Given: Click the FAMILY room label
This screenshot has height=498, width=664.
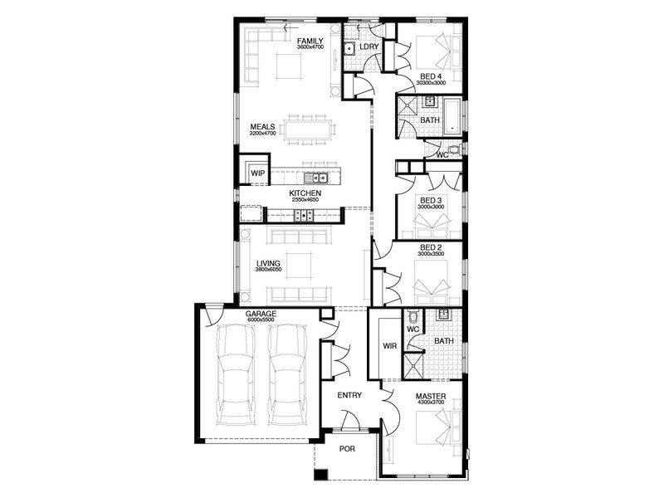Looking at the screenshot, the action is pos(310,41).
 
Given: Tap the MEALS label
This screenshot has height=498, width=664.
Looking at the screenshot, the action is pos(262,127).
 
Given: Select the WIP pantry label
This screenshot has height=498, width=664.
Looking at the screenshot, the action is pos(258,173).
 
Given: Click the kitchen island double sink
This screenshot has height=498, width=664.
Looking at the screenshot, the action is pos(317,178).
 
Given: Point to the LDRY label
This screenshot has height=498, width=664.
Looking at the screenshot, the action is pos(369,46).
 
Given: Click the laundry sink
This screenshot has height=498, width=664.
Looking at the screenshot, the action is pos(349,50).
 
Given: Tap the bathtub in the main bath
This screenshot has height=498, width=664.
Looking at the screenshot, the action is pos(452,116).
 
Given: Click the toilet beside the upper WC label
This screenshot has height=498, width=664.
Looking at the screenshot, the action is pos(455,149).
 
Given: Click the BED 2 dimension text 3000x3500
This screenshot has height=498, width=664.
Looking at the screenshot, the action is pos(431,254).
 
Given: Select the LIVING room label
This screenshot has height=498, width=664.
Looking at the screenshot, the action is pos(268,263).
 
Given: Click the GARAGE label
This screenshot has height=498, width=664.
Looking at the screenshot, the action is pos(261,314).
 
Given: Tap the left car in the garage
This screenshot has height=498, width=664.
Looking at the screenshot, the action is pos(236,375).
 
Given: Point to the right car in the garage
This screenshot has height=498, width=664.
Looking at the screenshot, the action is pos(287,375).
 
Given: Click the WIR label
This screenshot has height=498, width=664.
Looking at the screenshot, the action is pos(389,346).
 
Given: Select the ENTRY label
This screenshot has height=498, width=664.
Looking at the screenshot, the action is pos(349,395).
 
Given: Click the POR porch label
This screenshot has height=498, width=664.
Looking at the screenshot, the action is pos(347,449).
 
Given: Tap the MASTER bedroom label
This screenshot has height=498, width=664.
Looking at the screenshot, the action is pos(431,397).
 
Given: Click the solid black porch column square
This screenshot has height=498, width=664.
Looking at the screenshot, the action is pos(321,475).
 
